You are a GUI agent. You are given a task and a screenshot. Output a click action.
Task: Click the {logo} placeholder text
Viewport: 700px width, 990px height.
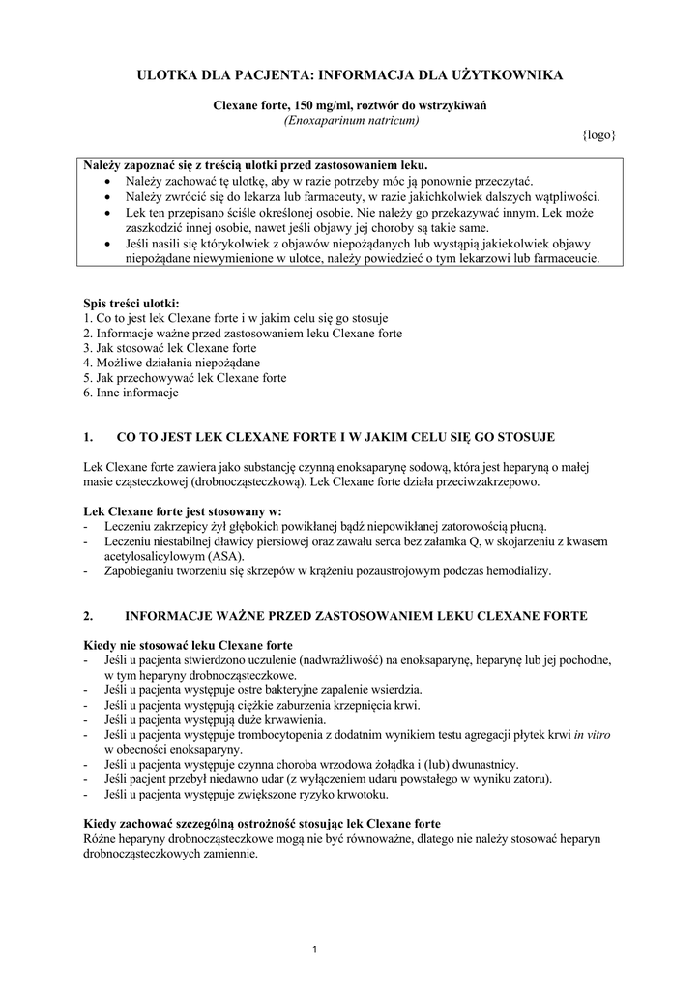[x=598, y=135]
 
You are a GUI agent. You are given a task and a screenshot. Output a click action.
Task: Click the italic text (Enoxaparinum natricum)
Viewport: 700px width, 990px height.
[x=350, y=120]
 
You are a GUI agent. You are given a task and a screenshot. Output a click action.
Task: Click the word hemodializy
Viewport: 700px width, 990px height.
[x=513, y=570]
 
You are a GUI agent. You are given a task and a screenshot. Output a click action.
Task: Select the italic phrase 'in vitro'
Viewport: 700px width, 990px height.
[x=592, y=735]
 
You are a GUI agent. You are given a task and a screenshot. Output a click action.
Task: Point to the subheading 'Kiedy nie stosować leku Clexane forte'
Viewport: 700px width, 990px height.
[x=190, y=645]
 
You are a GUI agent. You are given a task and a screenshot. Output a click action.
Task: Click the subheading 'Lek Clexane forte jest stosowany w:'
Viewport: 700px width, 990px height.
[x=183, y=510]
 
